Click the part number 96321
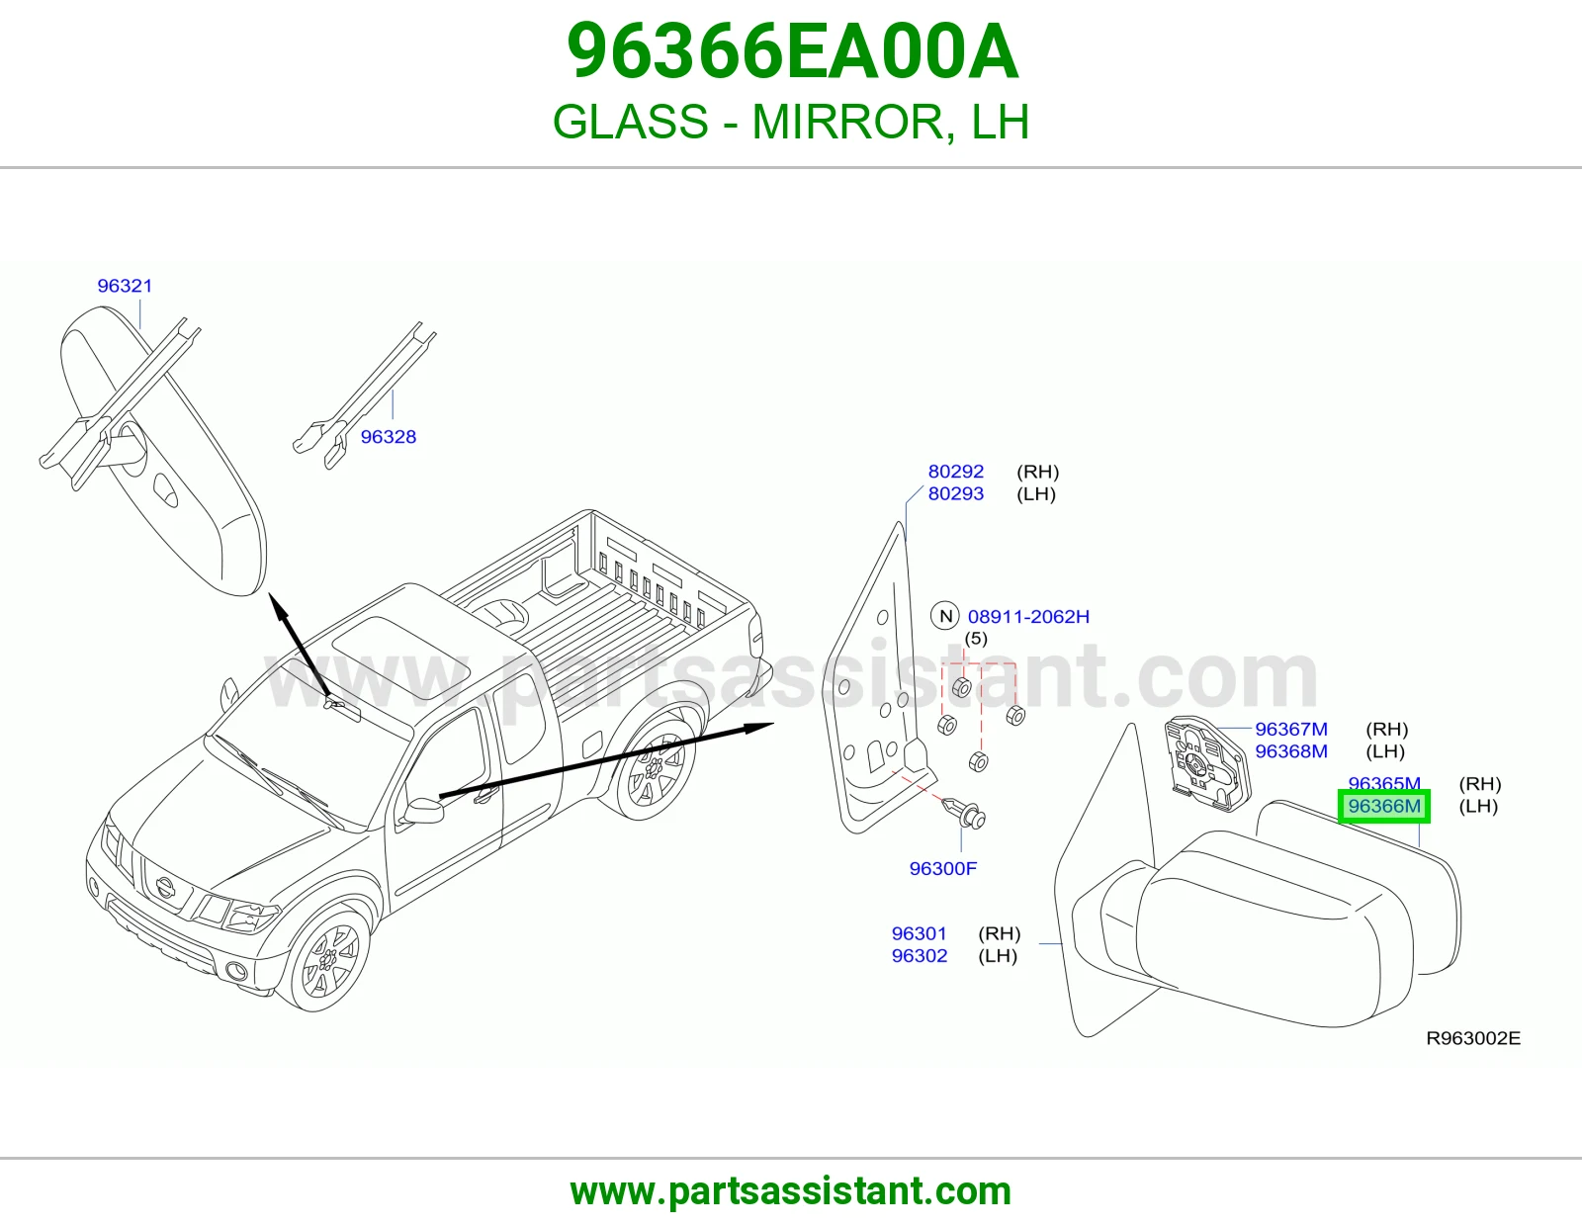(x=125, y=286)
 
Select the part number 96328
(x=388, y=437)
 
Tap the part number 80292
(x=955, y=472)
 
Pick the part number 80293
(x=955, y=493)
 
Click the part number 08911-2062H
(x=1028, y=617)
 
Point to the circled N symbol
(x=945, y=617)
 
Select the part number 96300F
(x=943, y=868)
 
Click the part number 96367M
(x=1290, y=729)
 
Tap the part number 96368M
(x=1290, y=751)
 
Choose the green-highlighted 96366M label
(x=1384, y=807)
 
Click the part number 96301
(x=919, y=933)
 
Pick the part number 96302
(x=919, y=956)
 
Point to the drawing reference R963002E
(x=1473, y=1039)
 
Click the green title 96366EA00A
(x=792, y=51)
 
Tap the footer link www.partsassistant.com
(x=791, y=1191)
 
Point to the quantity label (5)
(x=976, y=639)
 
